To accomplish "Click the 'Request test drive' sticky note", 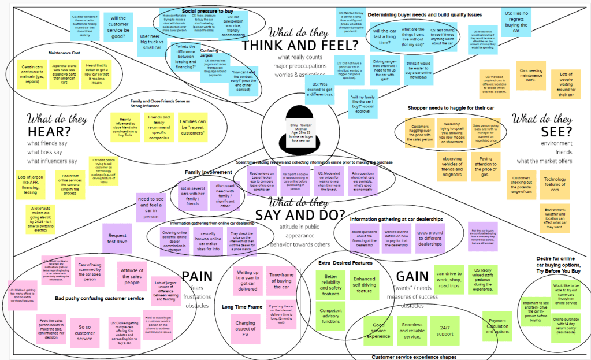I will click(x=118, y=238).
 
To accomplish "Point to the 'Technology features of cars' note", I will click(x=555, y=184).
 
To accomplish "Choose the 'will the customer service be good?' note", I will click(x=118, y=27).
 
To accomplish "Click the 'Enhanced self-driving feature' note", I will click(x=364, y=285).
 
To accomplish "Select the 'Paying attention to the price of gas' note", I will click(x=485, y=166).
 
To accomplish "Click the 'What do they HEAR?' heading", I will click(x=50, y=125).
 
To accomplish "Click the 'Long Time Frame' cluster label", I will click(x=242, y=306).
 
